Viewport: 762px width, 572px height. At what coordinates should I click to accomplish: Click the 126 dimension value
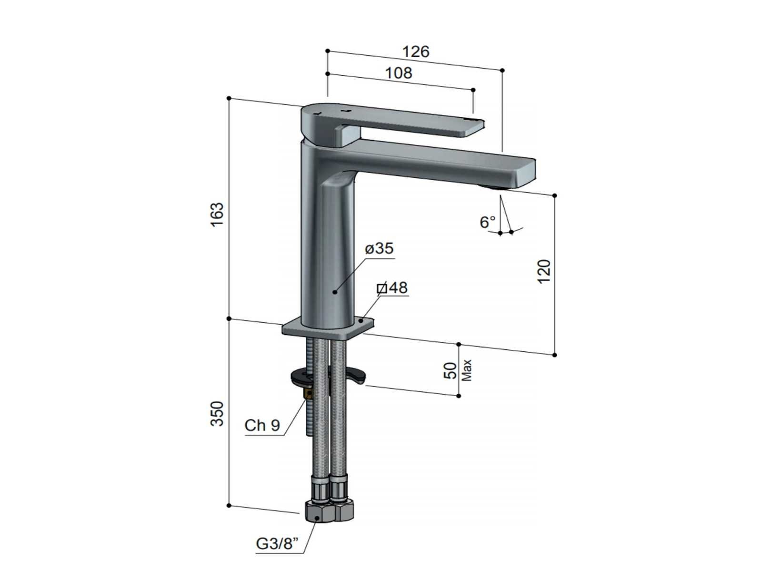416,52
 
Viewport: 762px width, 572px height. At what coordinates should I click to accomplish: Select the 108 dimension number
399,73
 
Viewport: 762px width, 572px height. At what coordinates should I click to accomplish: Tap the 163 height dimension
218,214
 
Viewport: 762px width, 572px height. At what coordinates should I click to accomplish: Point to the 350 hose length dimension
218,414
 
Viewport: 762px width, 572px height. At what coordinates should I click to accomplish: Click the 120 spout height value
544,272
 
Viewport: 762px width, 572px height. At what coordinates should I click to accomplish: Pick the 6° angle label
487,222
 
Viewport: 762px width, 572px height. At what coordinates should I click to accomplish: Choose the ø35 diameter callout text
379,248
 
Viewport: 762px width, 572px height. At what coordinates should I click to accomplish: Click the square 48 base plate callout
392,287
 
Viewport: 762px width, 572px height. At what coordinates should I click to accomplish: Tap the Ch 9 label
262,425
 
